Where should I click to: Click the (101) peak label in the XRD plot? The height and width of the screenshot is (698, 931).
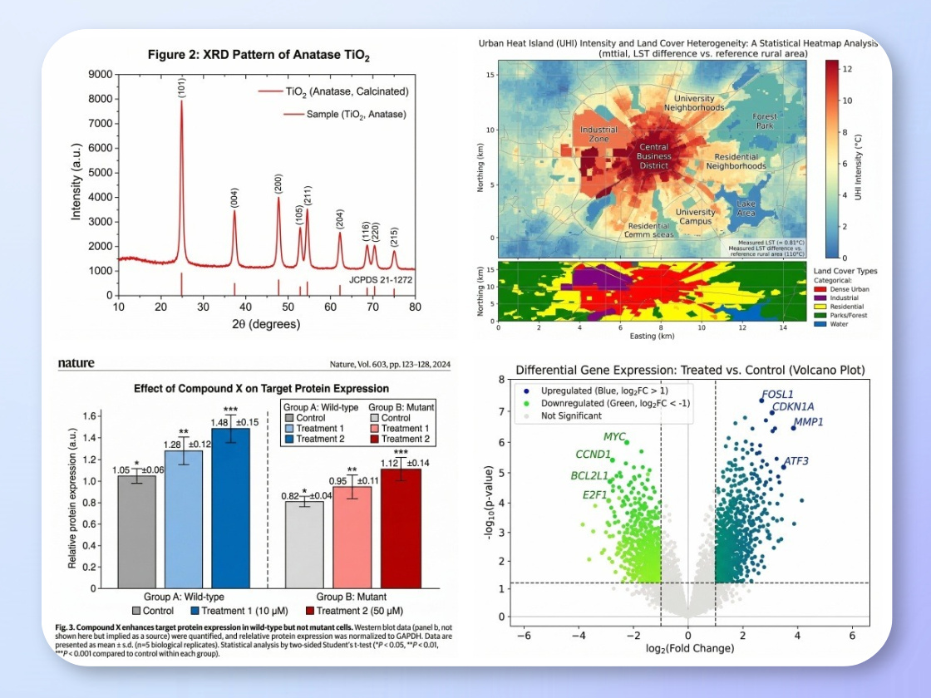click(x=181, y=86)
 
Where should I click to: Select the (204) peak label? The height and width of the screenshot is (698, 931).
click(x=339, y=219)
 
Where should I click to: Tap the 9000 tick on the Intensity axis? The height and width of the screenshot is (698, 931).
click(x=100, y=75)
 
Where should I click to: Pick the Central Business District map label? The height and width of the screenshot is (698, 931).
click(x=653, y=156)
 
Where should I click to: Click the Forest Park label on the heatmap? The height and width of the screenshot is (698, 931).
click(x=765, y=121)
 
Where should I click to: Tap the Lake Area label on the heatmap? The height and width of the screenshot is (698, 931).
click(x=746, y=207)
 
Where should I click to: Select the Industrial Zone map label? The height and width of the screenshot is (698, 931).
click(x=598, y=134)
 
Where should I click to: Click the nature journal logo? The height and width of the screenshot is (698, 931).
click(x=76, y=363)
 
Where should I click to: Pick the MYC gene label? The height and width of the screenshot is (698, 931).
click(x=614, y=436)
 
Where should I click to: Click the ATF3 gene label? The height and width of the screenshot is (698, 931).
click(x=796, y=460)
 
